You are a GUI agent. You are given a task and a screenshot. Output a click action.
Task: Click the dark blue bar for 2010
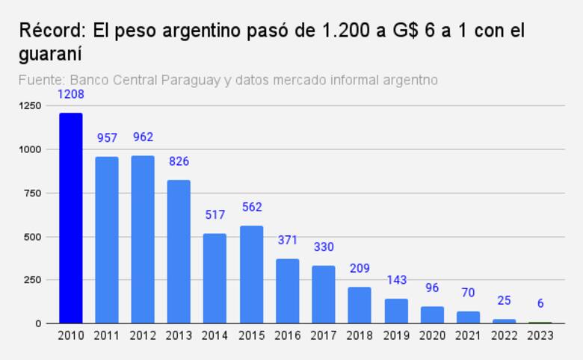pos(70,218)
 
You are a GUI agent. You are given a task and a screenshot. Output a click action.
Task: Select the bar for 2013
pos(179,252)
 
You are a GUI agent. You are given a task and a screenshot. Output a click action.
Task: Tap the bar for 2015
pos(252,274)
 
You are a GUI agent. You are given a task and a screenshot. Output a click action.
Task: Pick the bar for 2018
pos(360,305)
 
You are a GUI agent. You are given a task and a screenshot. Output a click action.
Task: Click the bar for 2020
pos(433,314)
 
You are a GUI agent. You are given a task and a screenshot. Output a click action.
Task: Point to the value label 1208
pos(70,95)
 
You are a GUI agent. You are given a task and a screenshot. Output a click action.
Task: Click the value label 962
pos(143,137)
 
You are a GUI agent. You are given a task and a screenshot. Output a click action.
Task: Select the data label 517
pos(215,215)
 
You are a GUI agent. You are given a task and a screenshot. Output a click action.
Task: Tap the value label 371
pos(288,240)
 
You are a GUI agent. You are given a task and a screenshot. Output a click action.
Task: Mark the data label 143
pos(396,280)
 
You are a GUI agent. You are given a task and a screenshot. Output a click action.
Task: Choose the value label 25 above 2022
pos(505,301)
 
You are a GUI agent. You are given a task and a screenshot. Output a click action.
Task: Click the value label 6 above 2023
pos(540,304)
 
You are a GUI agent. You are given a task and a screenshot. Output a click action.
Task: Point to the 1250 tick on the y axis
pos(31,106)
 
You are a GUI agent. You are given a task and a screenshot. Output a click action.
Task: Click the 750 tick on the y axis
pos(34,193)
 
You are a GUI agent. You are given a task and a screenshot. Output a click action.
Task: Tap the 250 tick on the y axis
pos(34,280)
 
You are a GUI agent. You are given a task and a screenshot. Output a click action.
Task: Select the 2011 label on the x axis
pos(107,336)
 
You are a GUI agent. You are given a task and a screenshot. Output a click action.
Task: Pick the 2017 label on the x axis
pos(324,336)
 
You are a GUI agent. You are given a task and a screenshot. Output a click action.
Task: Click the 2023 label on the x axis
pos(540,336)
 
